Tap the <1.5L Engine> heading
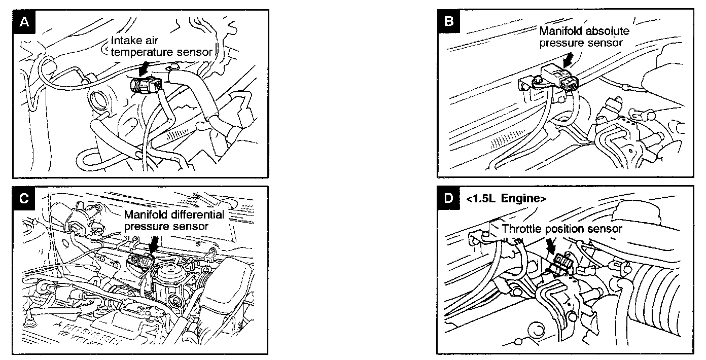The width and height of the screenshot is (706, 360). [505, 199]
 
